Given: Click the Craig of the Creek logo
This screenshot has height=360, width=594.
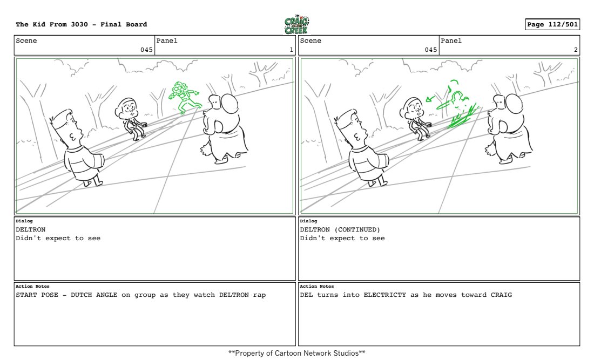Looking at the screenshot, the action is point(296,25).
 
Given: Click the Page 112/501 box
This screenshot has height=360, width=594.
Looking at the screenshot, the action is point(552,24).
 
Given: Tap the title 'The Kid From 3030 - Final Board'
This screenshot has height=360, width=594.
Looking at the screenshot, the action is point(82,24).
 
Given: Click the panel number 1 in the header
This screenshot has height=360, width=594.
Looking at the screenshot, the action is point(291,50).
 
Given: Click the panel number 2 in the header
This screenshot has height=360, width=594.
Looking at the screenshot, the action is point(576,50).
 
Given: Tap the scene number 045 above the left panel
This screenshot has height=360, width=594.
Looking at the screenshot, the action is point(146,50).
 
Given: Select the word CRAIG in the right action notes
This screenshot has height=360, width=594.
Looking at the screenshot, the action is point(501,295).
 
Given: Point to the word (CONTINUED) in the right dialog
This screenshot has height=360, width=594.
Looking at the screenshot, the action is point(357,229).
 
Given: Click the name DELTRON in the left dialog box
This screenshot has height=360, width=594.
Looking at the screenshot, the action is point(31,229).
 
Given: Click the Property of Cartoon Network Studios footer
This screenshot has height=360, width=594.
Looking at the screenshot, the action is point(296,353).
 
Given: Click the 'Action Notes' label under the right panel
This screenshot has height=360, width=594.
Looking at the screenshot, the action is point(316,286).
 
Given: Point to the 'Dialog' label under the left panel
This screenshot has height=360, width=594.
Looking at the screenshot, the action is point(24,221).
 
